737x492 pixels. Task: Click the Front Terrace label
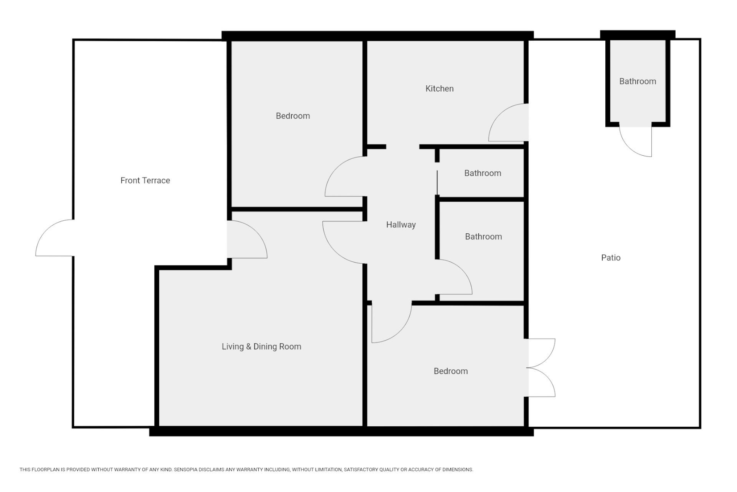[145, 180]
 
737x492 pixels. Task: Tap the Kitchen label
[440, 88]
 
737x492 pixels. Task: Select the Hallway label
[401, 225]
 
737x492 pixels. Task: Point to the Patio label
[611, 258]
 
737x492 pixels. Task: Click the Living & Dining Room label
[261, 347]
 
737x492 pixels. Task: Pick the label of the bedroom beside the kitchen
[293, 116]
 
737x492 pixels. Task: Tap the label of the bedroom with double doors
[451, 371]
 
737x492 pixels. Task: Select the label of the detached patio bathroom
[638, 81]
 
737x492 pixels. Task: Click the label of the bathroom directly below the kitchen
[483, 173]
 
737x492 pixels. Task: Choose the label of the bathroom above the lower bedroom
[483, 236]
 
